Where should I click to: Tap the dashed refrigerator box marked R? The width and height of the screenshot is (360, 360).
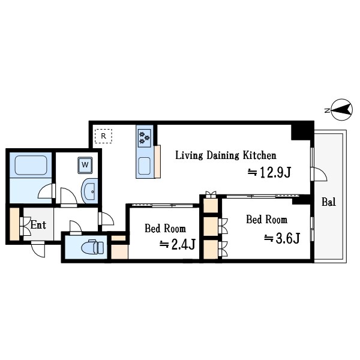(x=104, y=136)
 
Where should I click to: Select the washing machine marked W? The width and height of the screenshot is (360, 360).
(x=85, y=165)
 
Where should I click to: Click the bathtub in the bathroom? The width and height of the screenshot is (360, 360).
(x=31, y=165)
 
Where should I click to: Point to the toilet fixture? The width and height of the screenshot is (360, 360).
(x=93, y=247)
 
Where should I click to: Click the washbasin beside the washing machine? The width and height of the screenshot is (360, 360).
(x=89, y=191)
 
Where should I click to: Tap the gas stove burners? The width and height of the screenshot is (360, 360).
(x=145, y=138)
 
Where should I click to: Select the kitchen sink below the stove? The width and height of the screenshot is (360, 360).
(x=145, y=166)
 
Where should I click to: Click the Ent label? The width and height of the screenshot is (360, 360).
(x=38, y=225)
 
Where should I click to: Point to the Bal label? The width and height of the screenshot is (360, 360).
(x=329, y=202)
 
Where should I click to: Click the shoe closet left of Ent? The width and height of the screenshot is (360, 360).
(x=14, y=224)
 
